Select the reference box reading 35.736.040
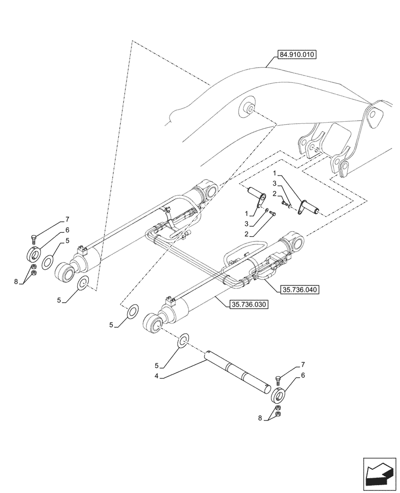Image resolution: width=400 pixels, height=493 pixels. [x=299, y=290]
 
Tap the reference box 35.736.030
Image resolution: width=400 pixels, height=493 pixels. [x=249, y=305]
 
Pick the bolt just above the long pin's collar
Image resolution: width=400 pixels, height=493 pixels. [x=279, y=380]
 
